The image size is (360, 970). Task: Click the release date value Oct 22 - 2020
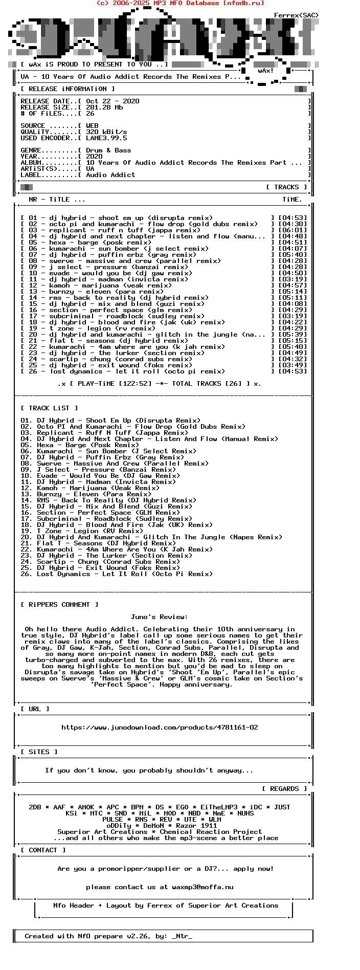(112, 101)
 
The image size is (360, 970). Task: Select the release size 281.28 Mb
(104, 107)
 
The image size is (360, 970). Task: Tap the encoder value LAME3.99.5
(106, 138)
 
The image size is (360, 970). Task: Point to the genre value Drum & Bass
(108, 150)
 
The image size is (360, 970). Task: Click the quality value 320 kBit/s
(106, 132)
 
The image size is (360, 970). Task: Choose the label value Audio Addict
(110, 175)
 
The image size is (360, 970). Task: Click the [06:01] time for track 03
(292, 230)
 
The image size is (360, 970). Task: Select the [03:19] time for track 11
(292, 279)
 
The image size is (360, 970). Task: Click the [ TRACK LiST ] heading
(49, 408)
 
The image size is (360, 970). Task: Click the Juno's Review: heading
(159, 617)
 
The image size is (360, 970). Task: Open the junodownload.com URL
(160, 727)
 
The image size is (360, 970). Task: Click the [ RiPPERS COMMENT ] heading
(59, 605)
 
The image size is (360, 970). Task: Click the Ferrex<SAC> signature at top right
(296, 15)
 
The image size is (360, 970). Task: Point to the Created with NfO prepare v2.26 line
(108, 936)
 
